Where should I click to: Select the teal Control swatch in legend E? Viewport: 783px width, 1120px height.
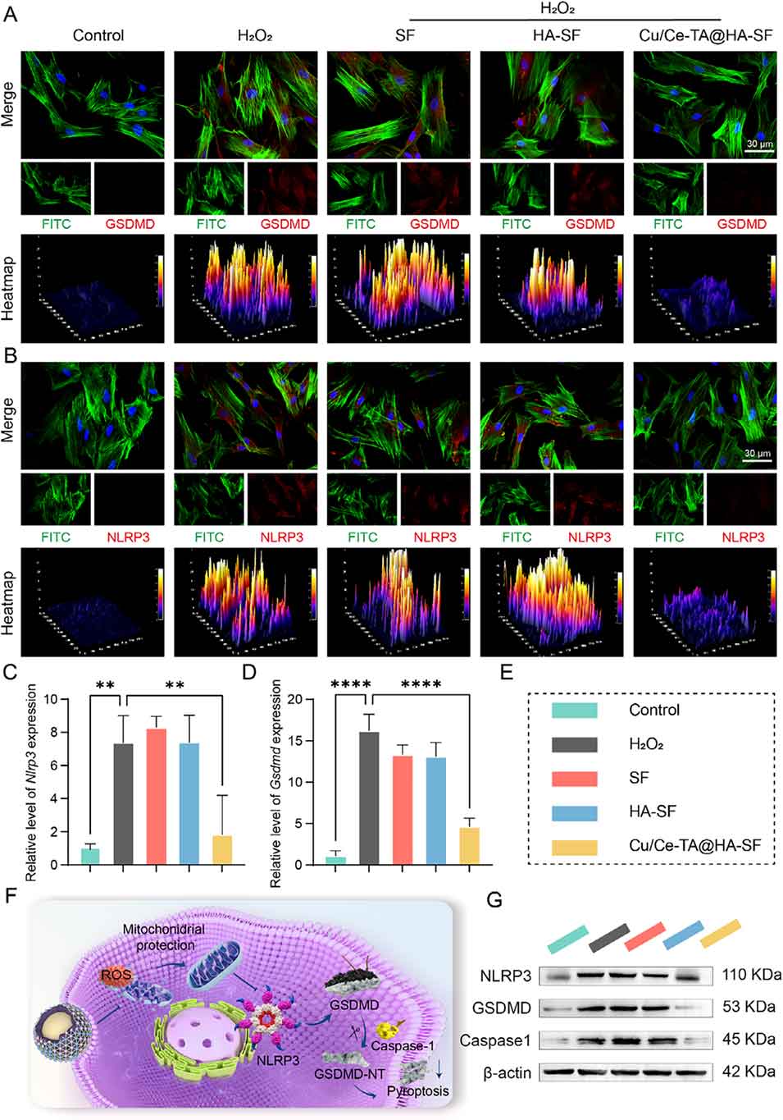(574, 711)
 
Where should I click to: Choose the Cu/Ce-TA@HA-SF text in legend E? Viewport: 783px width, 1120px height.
(690, 845)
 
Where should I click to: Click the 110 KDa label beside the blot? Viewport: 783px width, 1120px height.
(751, 976)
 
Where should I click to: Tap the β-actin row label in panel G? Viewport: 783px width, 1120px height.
(507, 1073)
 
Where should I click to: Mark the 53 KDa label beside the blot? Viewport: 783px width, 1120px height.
(748, 1008)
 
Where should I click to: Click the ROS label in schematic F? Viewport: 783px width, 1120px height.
(112, 974)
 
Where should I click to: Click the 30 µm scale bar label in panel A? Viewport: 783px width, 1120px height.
(758, 144)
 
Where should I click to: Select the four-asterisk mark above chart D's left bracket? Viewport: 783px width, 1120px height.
(351, 684)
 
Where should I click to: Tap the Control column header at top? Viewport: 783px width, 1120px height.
(98, 35)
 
